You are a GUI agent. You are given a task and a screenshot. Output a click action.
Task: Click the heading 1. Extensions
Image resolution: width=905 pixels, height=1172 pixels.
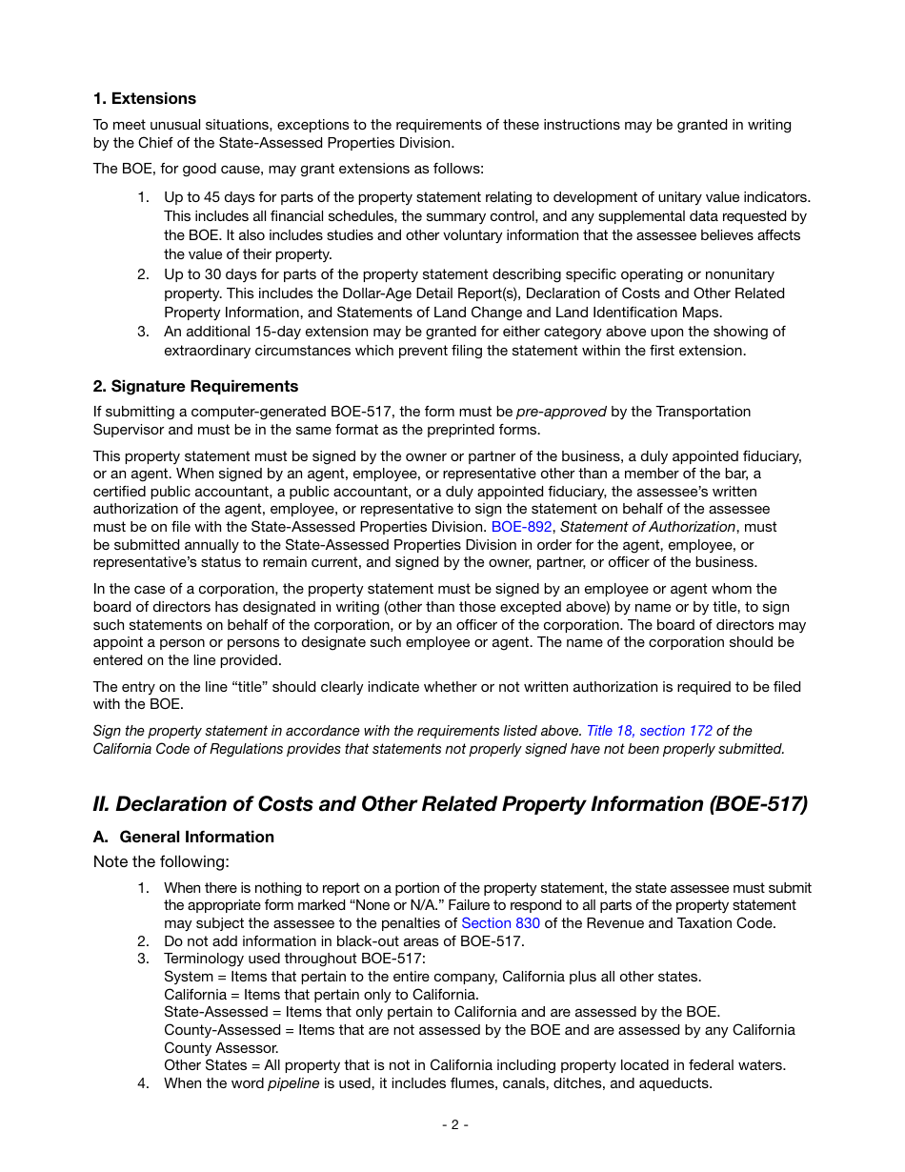144,99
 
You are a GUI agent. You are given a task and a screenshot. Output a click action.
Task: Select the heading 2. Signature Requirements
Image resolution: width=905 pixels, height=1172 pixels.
195,387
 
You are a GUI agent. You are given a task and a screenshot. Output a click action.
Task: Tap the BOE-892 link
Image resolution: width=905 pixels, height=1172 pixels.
521,527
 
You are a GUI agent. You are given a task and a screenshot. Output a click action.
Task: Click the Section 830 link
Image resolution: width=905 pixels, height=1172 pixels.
500,923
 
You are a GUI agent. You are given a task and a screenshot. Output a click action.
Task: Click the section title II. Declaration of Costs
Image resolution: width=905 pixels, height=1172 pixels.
450,804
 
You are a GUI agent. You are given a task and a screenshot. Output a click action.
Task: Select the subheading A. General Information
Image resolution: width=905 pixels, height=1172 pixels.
183,838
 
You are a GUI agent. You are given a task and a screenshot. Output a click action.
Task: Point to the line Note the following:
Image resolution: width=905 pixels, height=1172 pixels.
161,862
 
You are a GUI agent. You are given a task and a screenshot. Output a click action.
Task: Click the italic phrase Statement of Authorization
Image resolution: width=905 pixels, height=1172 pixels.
648,527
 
